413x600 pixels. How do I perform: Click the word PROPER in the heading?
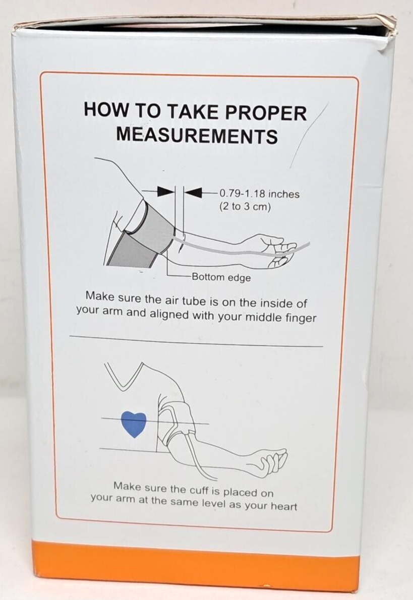(x=266, y=113)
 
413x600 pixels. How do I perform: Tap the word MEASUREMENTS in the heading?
(x=197, y=136)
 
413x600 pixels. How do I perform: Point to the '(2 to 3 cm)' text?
(x=245, y=207)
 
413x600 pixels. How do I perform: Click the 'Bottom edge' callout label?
(x=221, y=277)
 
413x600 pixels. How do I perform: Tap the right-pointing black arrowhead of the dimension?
(x=166, y=192)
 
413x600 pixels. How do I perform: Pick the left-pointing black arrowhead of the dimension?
(x=193, y=193)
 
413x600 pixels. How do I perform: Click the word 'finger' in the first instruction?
(x=301, y=318)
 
